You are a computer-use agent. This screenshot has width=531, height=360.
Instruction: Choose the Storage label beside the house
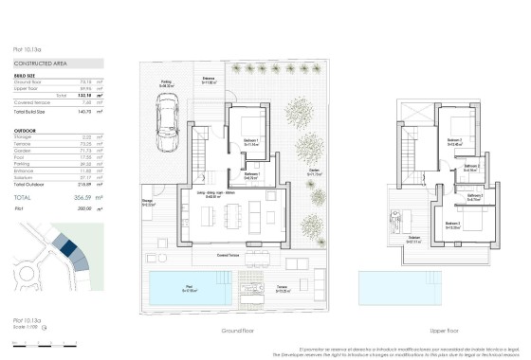pyautogui.click(x=149, y=202)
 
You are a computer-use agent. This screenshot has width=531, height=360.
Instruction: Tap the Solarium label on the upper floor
pyautogui.click(x=414, y=238)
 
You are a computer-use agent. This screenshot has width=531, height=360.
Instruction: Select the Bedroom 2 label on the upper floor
pyautogui.click(x=454, y=142)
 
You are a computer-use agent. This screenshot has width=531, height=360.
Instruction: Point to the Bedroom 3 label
pyautogui.click(x=453, y=225)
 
